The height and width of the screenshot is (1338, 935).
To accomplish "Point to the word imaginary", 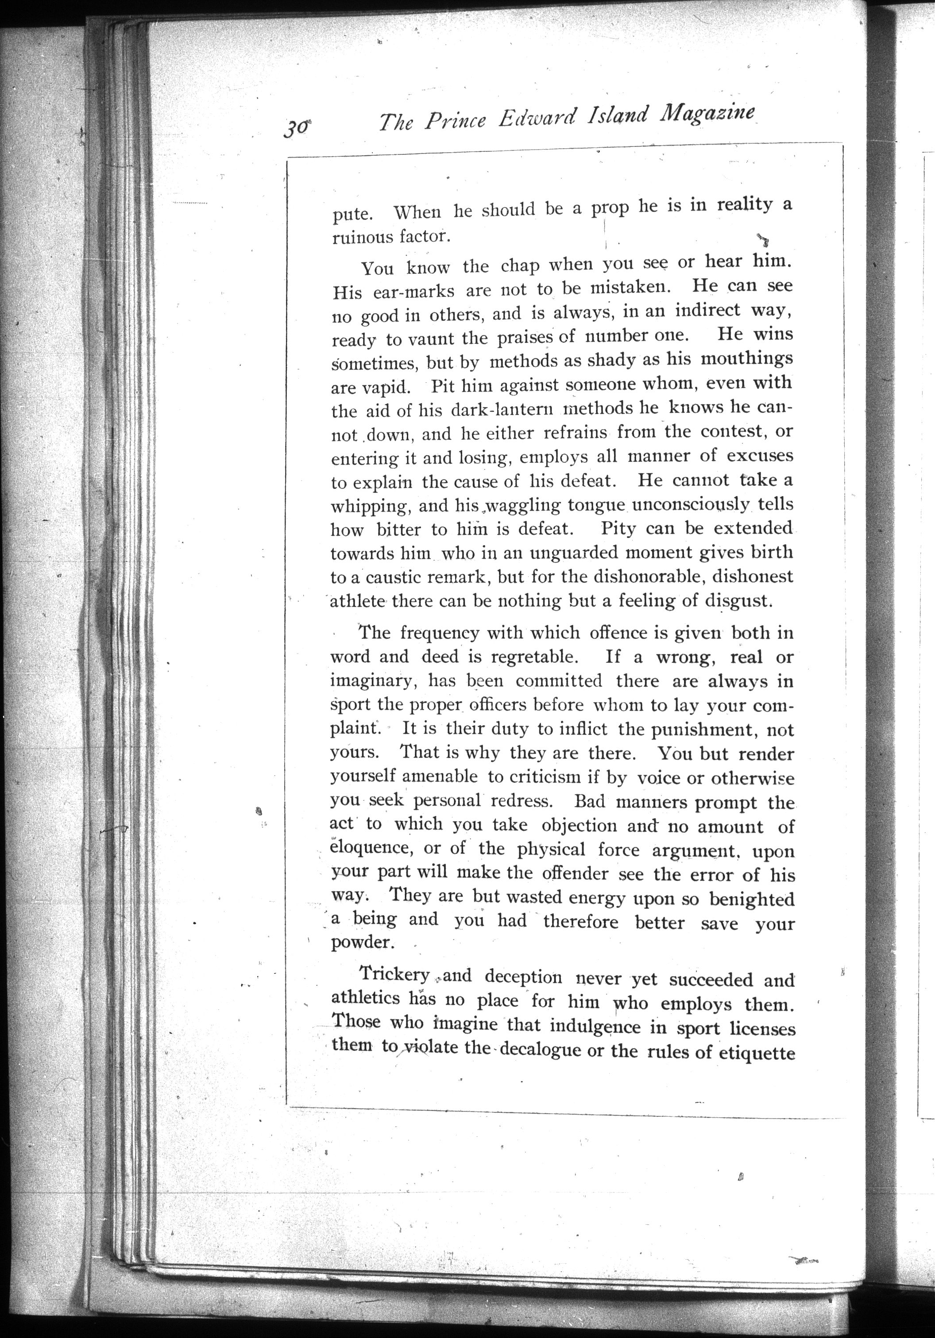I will point(375,681).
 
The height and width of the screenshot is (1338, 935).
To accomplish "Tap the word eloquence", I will point(372,848).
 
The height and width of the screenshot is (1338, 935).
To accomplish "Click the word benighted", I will point(752,899).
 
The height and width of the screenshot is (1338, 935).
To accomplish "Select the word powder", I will point(360,942).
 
